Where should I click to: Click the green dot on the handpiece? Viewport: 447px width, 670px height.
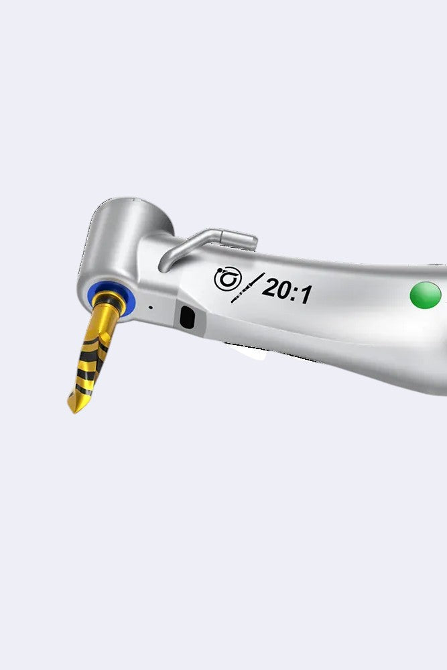click(x=425, y=295)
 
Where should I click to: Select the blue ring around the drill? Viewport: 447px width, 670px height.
click(x=111, y=296)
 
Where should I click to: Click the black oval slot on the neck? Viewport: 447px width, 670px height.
click(x=187, y=318)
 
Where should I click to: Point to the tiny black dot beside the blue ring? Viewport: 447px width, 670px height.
click(x=150, y=308)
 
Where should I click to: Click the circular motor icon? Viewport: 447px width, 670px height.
click(x=228, y=279)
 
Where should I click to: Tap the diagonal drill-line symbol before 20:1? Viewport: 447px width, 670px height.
click(x=247, y=288)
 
